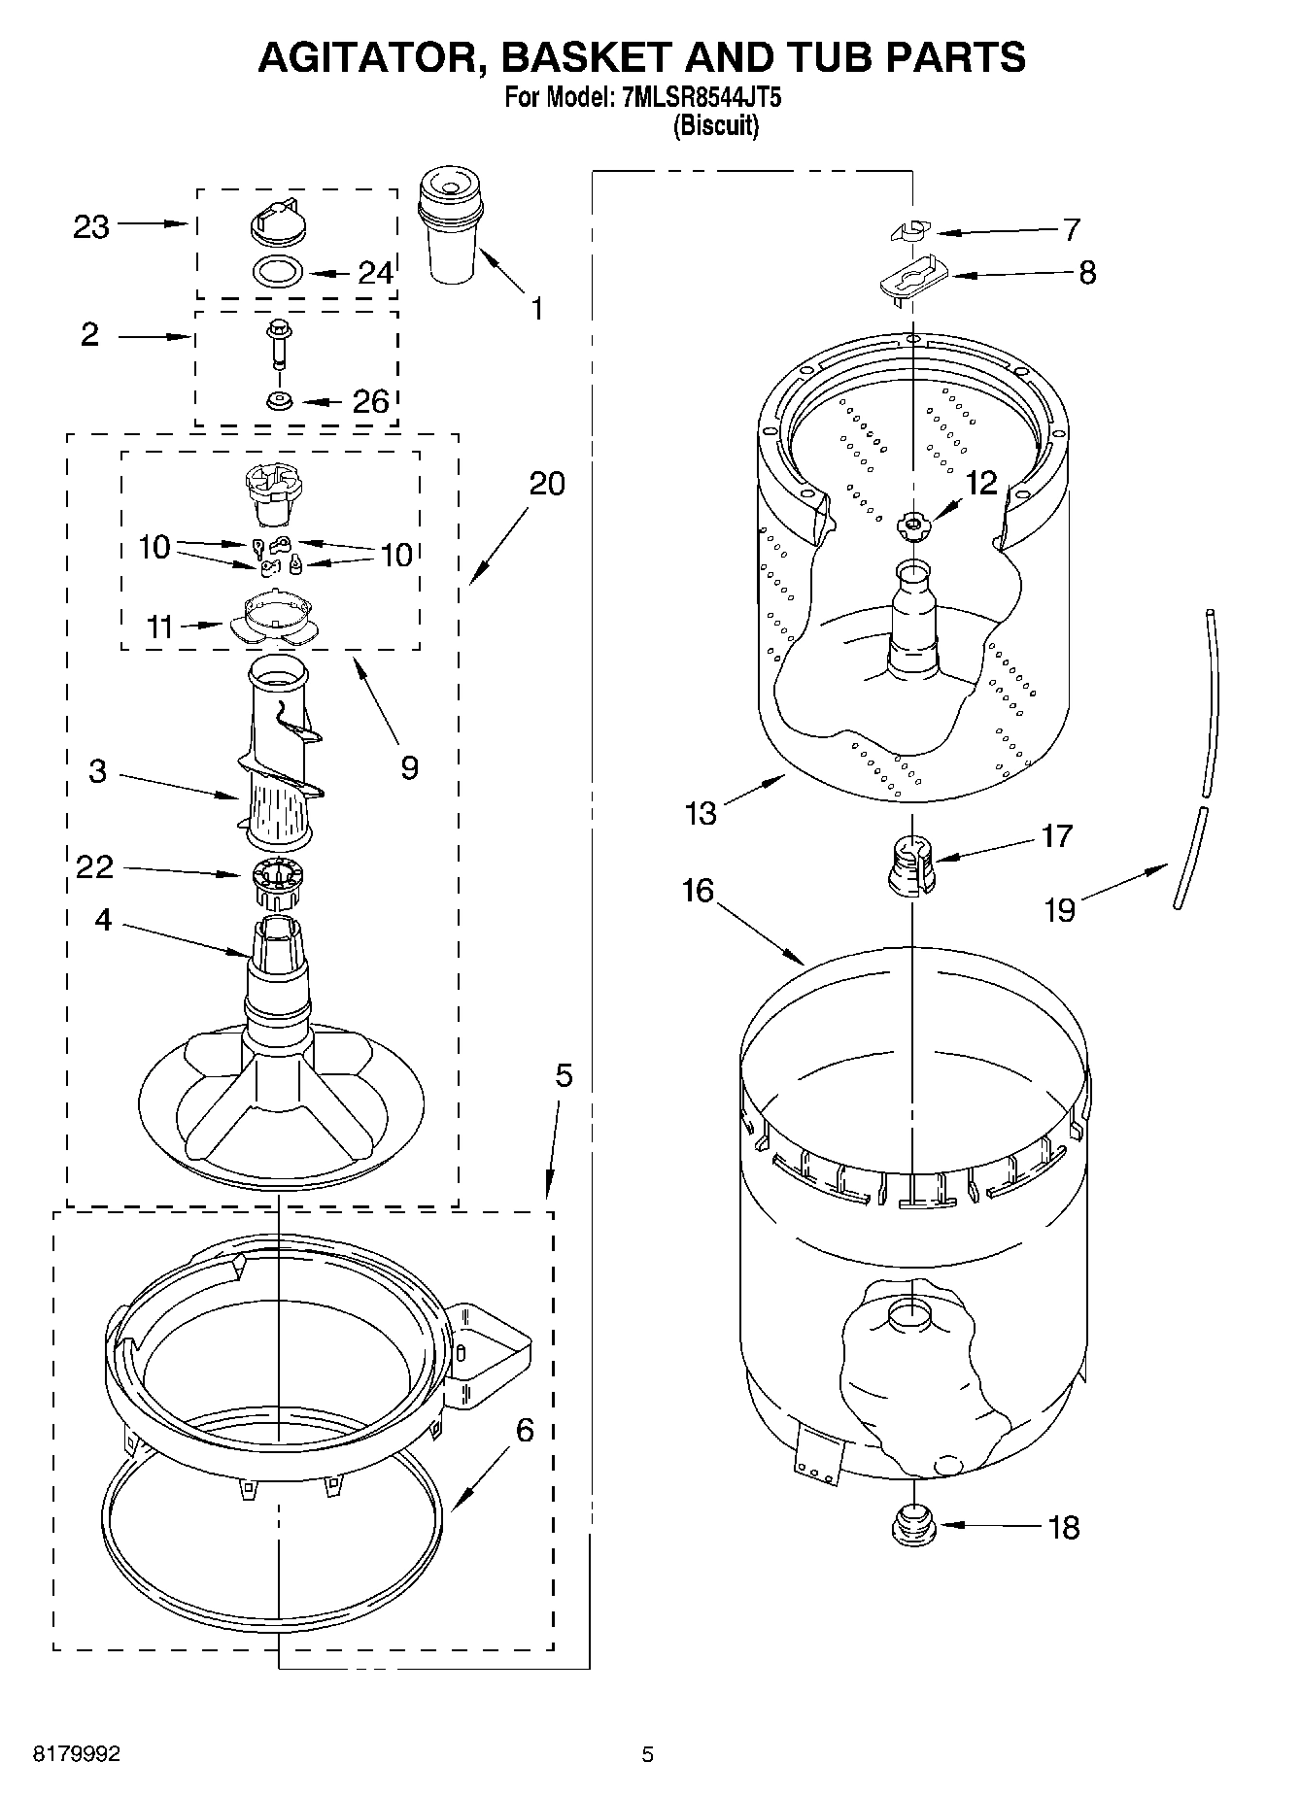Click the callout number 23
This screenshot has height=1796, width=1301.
[x=91, y=227]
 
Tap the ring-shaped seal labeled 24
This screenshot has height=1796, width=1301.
[x=278, y=271]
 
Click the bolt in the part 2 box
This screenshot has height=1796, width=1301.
[x=277, y=345]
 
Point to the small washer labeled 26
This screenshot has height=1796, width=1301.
[x=279, y=399]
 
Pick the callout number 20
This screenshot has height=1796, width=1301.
[x=547, y=483]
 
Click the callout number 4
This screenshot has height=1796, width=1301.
[x=103, y=919]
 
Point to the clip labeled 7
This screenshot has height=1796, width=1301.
[x=910, y=231]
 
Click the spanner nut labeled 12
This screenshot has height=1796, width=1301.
[x=913, y=525]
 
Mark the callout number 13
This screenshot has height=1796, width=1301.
[x=700, y=812]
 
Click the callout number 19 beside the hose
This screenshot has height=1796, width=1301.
[x=1059, y=910]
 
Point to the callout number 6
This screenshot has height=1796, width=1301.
[x=524, y=1430]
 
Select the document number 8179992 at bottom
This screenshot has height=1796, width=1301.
[x=77, y=1754]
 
